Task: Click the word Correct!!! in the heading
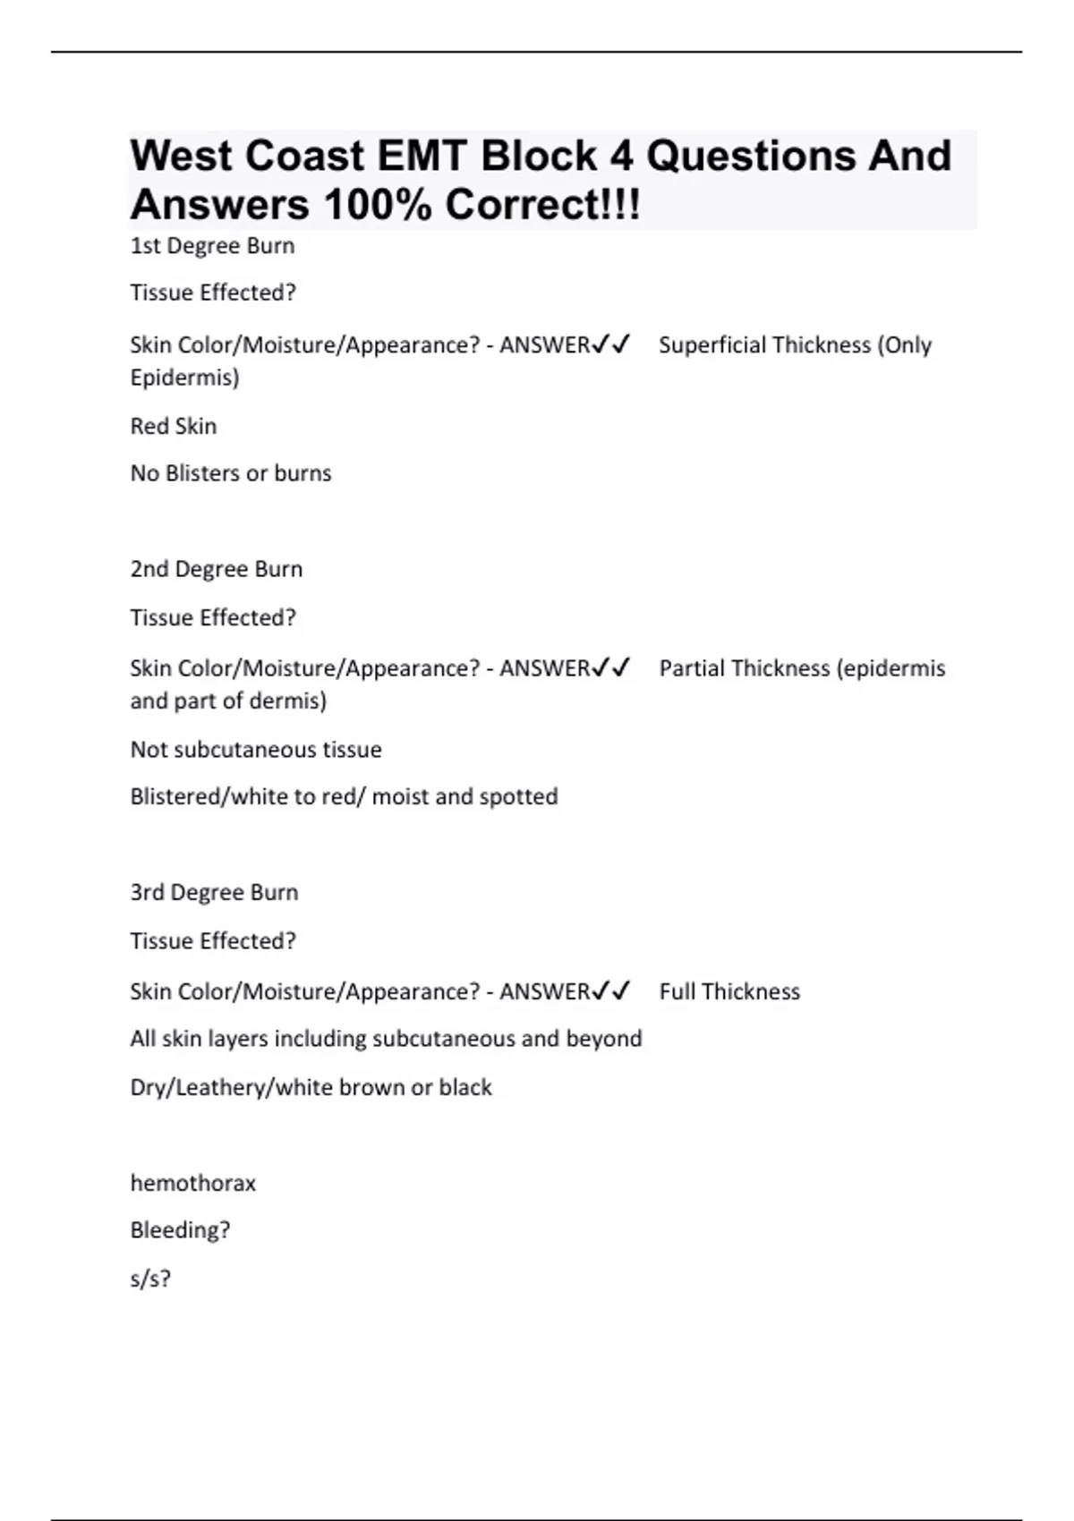pyautogui.click(x=542, y=205)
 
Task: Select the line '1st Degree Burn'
pyautogui.click(x=212, y=246)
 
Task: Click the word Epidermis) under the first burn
pyautogui.click(x=184, y=378)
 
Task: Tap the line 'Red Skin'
pyautogui.click(x=174, y=426)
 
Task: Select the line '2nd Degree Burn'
pyautogui.click(x=217, y=569)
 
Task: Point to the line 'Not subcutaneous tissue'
pyautogui.click(x=256, y=750)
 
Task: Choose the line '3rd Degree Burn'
pyautogui.click(x=214, y=892)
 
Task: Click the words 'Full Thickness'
pyautogui.click(x=729, y=991)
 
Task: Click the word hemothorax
pyautogui.click(x=193, y=1183)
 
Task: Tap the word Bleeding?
pyautogui.click(x=180, y=1230)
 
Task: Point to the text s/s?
pyautogui.click(x=150, y=1279)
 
